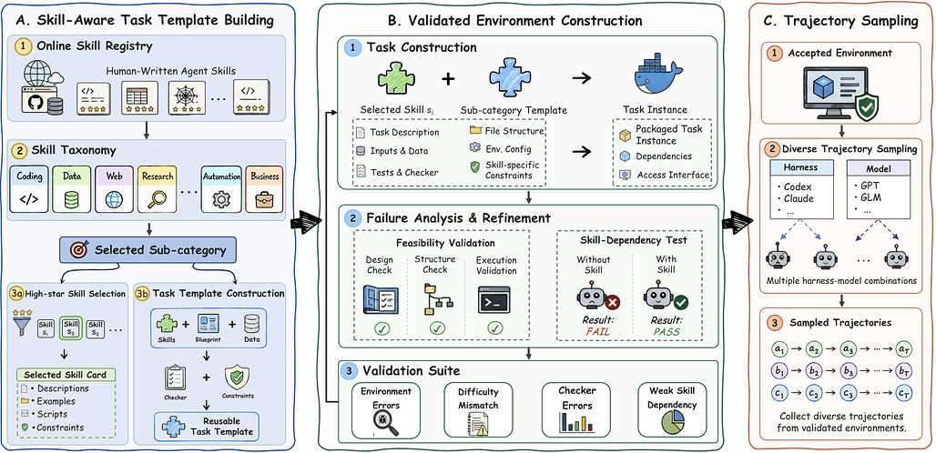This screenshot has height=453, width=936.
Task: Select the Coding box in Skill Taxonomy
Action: [29, 189]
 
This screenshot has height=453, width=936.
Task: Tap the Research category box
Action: [158, 189]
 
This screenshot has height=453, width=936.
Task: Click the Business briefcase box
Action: [263, 189]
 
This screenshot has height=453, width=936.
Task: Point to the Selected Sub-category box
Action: [148, 249]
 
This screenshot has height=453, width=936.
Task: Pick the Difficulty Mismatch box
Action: [478, 410]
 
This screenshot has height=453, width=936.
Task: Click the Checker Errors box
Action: [575, 410]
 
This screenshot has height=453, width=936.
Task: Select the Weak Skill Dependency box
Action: [672, 410]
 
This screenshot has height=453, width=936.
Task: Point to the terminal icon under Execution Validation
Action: [493, 300]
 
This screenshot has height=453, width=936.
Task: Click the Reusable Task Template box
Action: [206, 426]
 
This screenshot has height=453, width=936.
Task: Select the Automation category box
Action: [221, 189]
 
